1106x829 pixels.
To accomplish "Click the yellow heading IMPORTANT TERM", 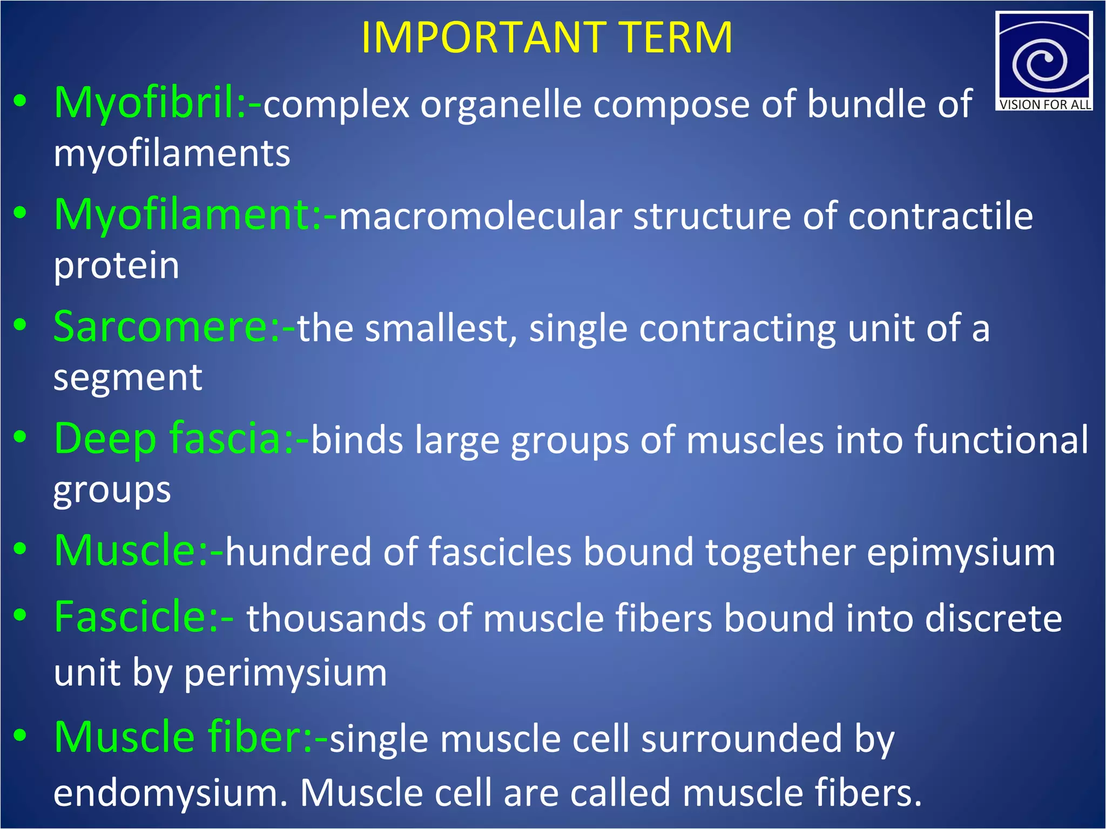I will tap(547, 38).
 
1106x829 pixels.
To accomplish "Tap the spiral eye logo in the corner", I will tap(1043, 57).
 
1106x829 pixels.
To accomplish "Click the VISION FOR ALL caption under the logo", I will tap(1044, 105).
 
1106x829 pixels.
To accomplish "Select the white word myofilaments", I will tap(172, 154).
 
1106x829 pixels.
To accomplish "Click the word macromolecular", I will tap(480, 217).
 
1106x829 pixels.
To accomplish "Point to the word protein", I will tap(116, 267).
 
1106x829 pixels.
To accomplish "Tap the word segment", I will tap(127, 378).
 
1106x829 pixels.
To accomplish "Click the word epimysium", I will tap(961, 553).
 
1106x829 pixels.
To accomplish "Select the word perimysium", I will tap(286, 674).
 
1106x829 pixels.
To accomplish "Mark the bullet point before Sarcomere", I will tap(21, 325).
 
